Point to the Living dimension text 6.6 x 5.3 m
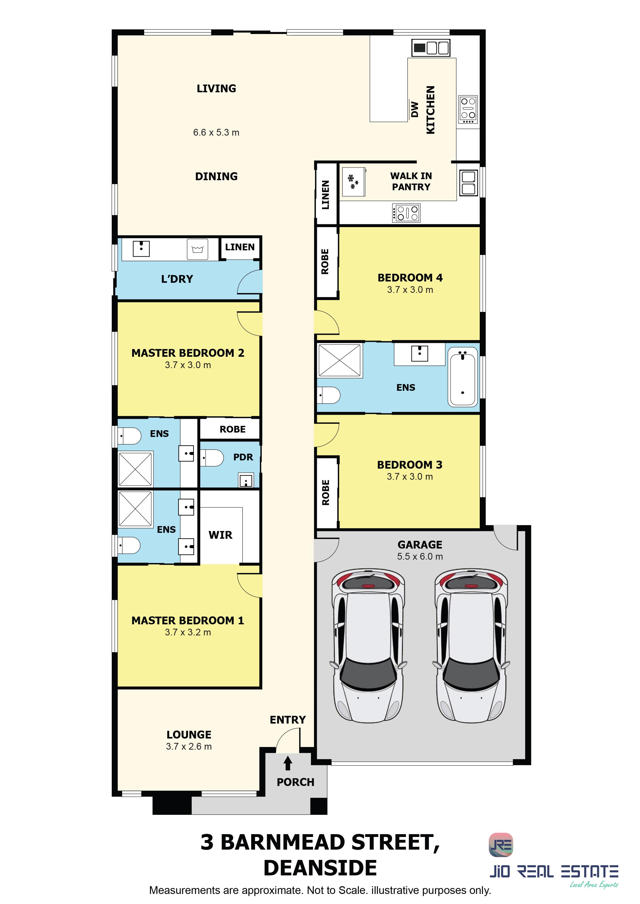pos(216,132)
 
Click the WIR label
pos(220,535)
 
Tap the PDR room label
pos(243,457)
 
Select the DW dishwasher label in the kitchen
pos(414,110)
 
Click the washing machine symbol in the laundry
pos(197,249)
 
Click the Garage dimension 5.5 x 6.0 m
pos(420,556)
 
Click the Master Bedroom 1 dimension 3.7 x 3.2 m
pos(188,632)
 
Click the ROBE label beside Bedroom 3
pos(325,493)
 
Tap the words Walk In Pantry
pos(411,181)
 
